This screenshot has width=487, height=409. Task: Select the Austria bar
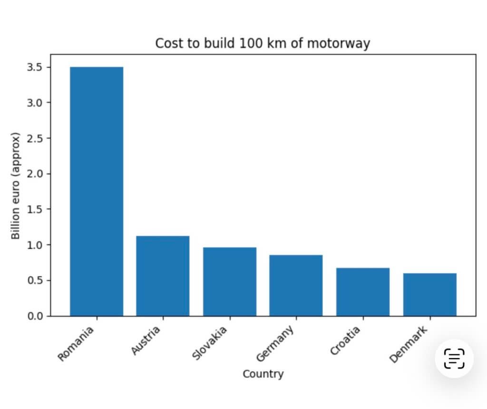click(x=163, y=276)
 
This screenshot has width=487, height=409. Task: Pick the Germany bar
click(x=296, y=285)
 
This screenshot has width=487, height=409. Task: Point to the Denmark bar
click(x=429, y=294)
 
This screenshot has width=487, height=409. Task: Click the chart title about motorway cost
click(x=263, y=43)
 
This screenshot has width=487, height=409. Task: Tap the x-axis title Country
click(x=263, y=374)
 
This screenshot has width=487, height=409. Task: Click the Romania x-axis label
click(x=76, y=343)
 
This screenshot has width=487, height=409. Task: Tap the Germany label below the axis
click(x=275, y=343)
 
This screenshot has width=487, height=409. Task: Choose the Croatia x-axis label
click(x=345, y=341)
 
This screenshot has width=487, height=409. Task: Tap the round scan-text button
click(x=454, y=359)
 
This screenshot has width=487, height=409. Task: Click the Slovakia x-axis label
click(x=210, y=343)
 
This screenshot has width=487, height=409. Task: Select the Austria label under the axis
click(x=146, y=341)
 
